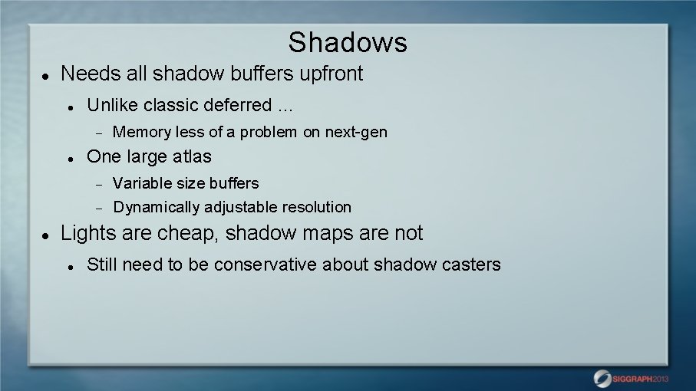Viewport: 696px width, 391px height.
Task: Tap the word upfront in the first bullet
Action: coord(331,74)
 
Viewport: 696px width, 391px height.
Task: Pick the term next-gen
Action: coord(356,132)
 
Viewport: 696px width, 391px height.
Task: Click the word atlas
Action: coord(192,156)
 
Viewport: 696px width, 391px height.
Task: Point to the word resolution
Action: coord(316,207)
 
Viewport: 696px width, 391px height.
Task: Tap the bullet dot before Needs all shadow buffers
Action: coord(45,76)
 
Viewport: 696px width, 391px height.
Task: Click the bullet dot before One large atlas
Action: coord(71,158)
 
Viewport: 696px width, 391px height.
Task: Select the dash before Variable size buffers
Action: coord(97,184)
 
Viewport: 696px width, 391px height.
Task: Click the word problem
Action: coord(268,132)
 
